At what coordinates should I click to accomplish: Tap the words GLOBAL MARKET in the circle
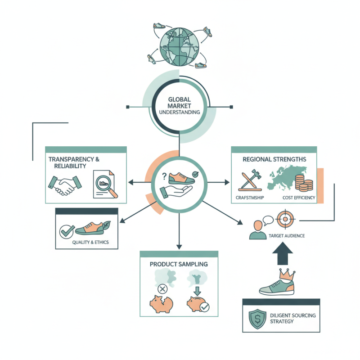click(180, 103)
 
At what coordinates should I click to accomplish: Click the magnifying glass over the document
click(107, 185)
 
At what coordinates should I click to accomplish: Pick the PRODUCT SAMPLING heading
click(179, 264)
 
